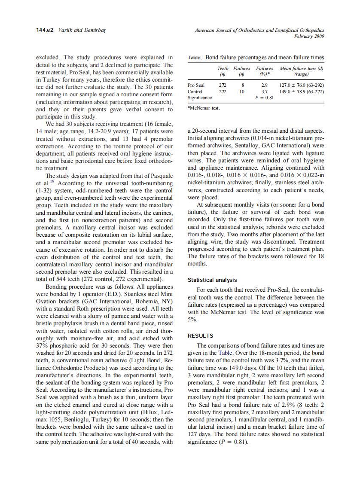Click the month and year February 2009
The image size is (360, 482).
(x=308, y=36)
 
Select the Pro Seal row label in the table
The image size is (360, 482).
(x=196, y=85)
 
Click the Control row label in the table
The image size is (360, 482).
(x=195, y=92)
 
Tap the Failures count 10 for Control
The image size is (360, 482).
(x=242, y=92)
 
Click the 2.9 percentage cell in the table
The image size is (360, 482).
(x=265, y=85)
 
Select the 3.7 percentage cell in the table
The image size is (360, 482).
(x=265, y=92)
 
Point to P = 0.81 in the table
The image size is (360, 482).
(x=264, y=98)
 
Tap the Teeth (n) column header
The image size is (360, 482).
(x=223, y=71)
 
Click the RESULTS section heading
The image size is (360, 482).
(x=200, y=336)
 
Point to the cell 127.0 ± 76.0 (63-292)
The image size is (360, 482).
(x=301, y=85)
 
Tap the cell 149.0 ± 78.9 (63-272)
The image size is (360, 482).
(x=301, y=92)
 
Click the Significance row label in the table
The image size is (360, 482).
(x=199, y=98)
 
